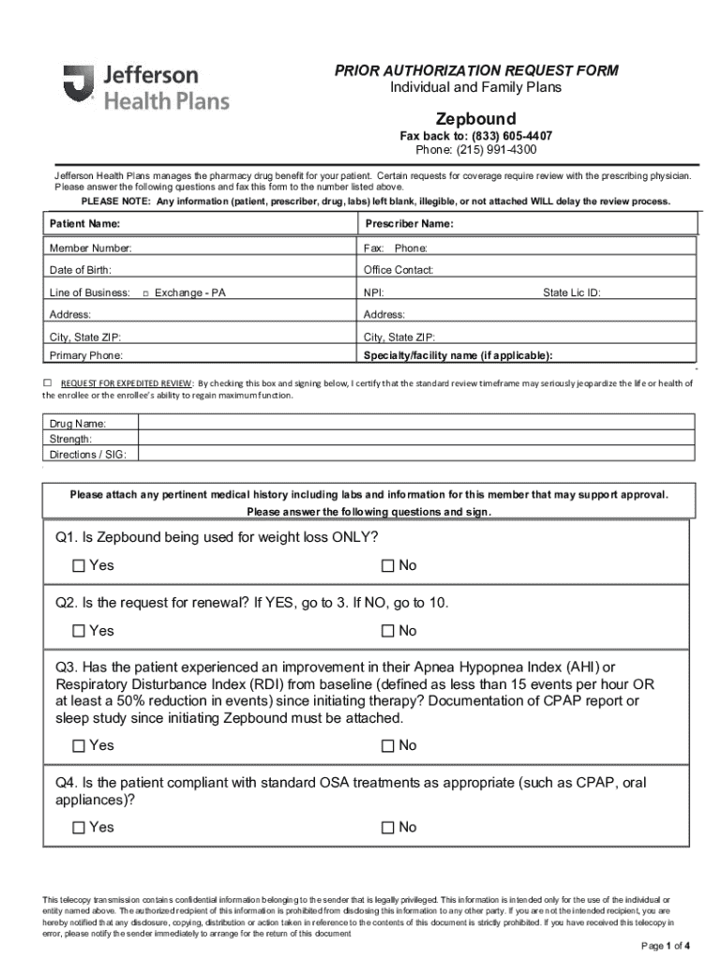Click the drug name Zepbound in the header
pos(475,119)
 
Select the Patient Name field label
pos(84,224)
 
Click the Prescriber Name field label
pos(409,224)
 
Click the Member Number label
pos(91,248)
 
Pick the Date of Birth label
pos(81,270)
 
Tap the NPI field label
pos(374,292)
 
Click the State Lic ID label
pos(572,292)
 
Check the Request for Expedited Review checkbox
pos(48,382)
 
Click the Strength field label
pos(70,439)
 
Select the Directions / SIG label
pos(88,454)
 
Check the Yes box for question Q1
pos(79,566)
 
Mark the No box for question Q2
pos(388,631)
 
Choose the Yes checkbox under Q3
pos(79,746)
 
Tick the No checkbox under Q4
pos(388,828)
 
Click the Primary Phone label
pos(86,355)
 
